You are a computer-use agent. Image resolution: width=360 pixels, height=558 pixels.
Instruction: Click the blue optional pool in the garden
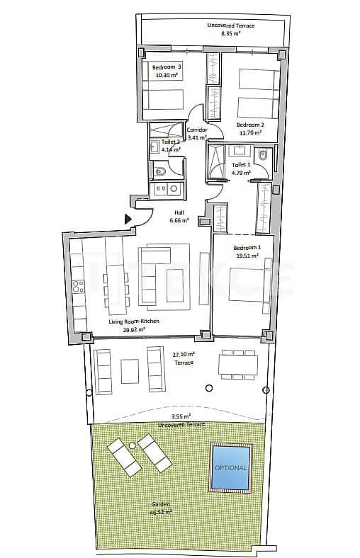coord(231,467)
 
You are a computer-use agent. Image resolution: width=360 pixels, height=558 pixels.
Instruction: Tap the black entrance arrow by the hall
coord(128,220)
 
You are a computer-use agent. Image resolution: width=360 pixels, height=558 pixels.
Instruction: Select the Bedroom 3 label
coord(167,67)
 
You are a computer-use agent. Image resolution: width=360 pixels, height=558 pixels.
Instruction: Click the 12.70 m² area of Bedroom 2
coord(249,132)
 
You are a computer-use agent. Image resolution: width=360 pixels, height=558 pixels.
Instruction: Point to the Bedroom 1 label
coord(246,248)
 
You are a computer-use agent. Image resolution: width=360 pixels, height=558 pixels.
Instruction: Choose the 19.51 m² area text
coord(246,256)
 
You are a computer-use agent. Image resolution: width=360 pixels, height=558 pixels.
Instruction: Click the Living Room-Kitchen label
coord(134,321)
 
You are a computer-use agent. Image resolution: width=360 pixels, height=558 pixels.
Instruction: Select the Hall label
coord(179,212)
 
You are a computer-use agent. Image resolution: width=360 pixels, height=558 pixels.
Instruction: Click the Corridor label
coord(196,130)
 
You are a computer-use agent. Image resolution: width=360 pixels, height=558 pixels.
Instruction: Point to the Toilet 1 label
coord(242,165)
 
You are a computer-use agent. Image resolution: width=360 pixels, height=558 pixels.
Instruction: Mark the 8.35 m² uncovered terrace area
coord(230,33)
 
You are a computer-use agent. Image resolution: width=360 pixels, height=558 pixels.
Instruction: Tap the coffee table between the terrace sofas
coord(130,370)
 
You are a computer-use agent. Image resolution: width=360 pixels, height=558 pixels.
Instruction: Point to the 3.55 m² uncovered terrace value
coord(181,416)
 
